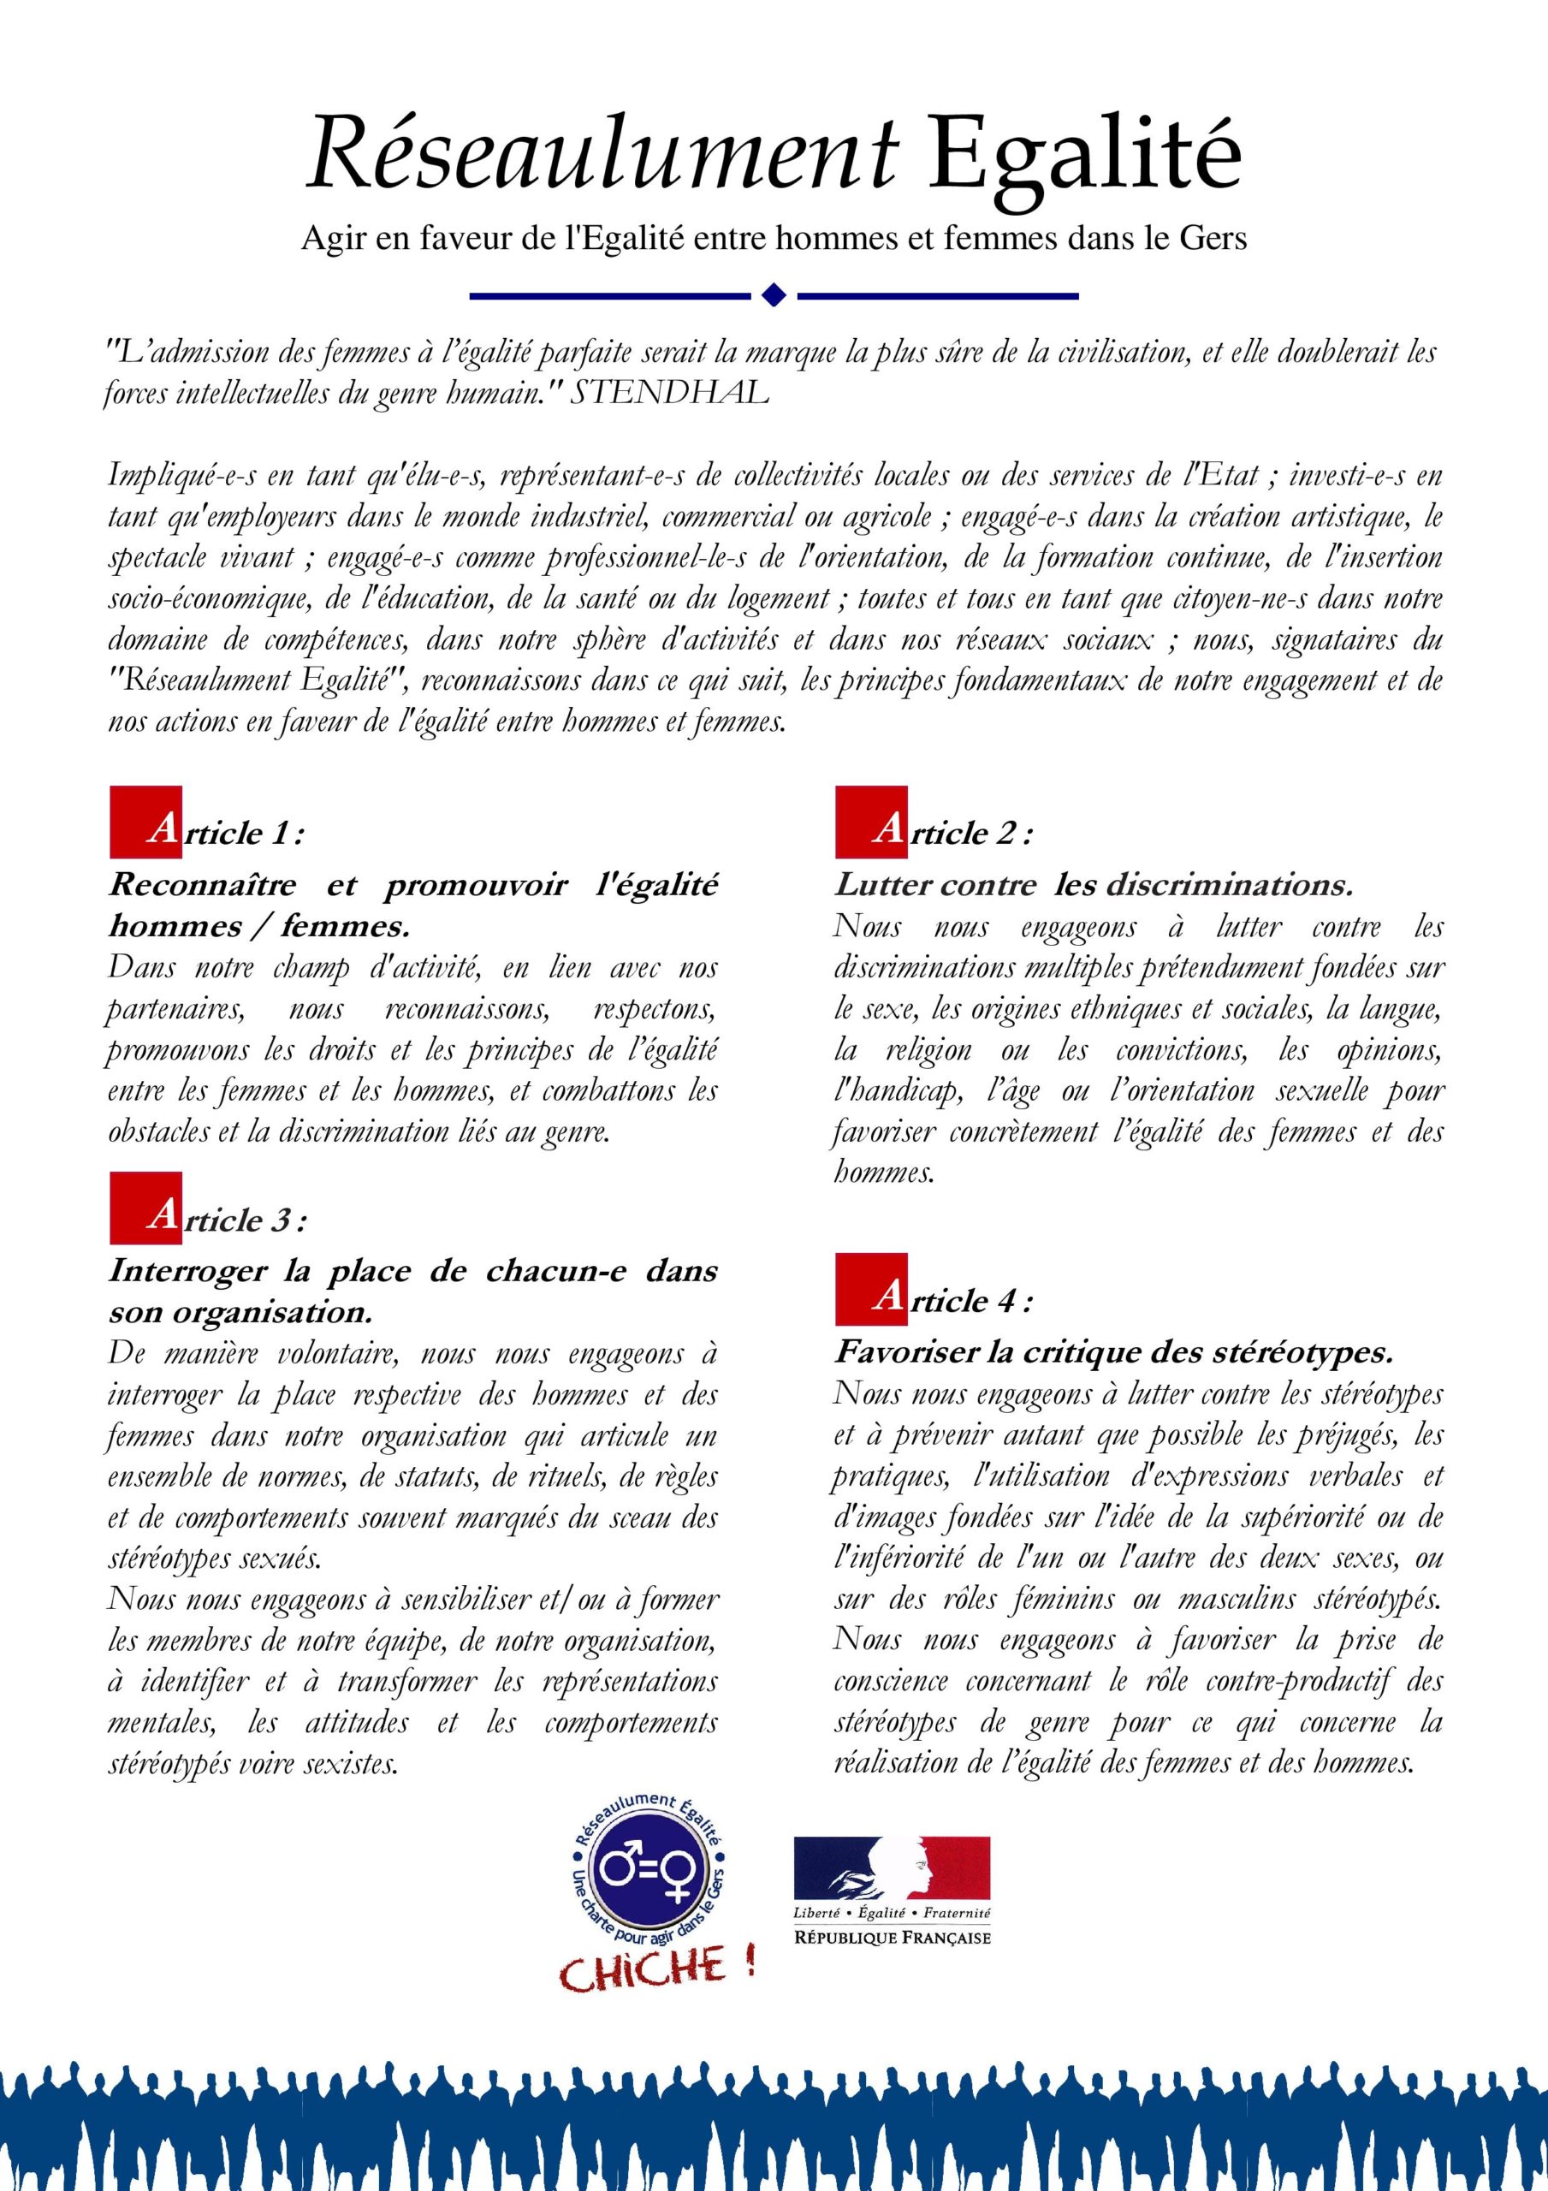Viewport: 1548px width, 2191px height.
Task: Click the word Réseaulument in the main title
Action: (x=602, y=152)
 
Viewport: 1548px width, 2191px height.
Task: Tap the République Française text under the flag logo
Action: (x=893, y=1936)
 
